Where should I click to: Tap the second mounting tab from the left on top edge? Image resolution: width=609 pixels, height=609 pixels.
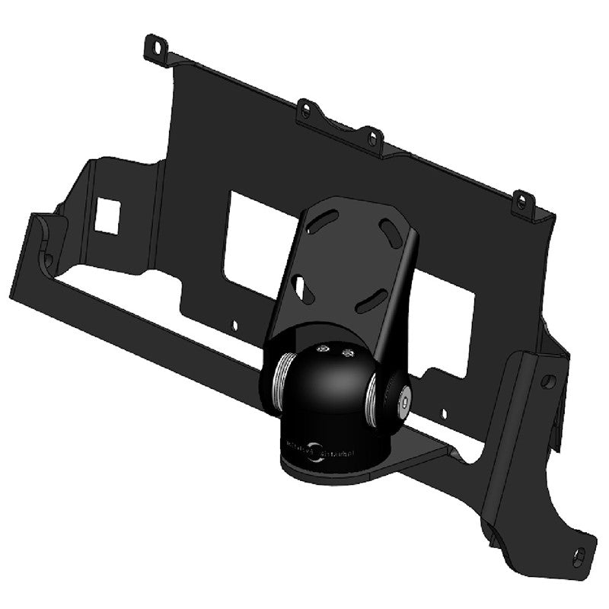(x=306, y=110)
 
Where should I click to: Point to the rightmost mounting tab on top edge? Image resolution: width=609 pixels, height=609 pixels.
(x=521, y=202)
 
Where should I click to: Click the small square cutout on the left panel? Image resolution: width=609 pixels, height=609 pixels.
(x=107, y=215)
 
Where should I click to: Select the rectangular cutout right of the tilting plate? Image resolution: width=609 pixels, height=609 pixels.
(x=445, y=320)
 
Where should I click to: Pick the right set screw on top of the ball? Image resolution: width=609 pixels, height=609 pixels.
(x=349, y=352)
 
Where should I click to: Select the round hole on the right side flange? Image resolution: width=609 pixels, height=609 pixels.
(x=548, y=381)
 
